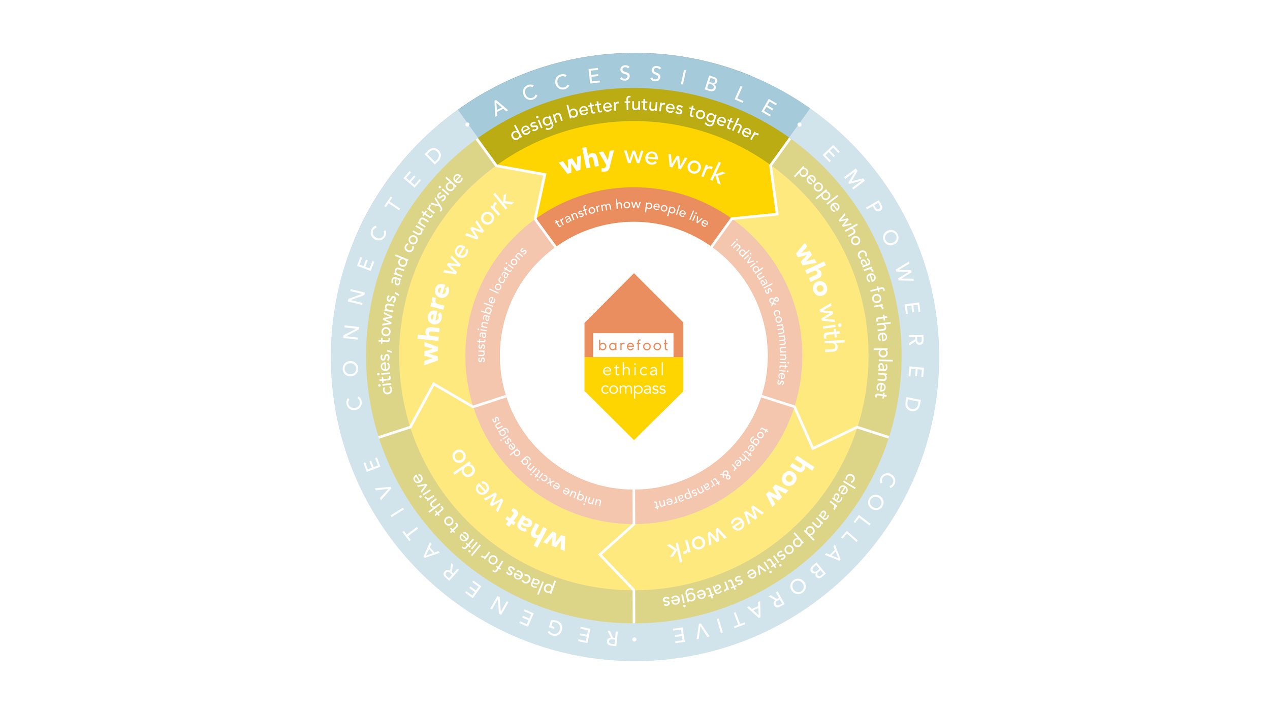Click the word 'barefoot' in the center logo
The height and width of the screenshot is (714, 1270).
pos(633,346)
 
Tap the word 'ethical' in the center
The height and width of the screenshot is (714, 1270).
pos(633,370)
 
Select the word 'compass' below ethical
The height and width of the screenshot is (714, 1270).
pos(633,390)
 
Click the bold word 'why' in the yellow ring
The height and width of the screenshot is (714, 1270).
pos(587,160)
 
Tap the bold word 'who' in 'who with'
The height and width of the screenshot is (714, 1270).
pos(811,269)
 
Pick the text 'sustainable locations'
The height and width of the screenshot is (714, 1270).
pos(500,304)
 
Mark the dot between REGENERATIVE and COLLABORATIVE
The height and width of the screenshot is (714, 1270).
pos(634,639)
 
